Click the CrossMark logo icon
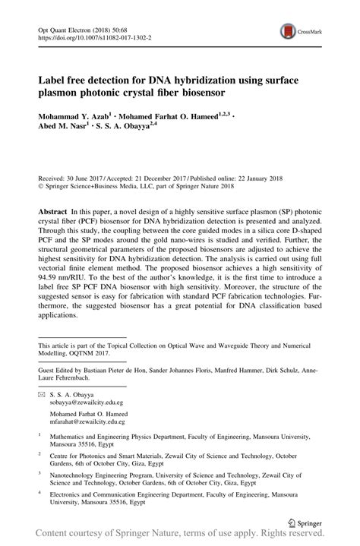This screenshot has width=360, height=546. point(289,31)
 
